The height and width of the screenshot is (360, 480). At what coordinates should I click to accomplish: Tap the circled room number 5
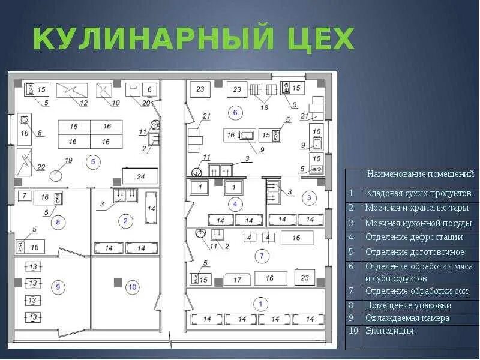[x=92, y=161]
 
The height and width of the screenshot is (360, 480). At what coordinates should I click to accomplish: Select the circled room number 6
[x=235, y=112]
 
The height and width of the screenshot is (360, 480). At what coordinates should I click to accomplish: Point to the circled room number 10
[x=132, y=287]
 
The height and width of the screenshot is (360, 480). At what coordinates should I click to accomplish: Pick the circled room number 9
[x=58, y=287]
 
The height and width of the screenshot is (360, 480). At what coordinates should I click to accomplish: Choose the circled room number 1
[x=259, y=304]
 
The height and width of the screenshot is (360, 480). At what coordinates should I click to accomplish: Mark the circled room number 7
[x=260, y=256]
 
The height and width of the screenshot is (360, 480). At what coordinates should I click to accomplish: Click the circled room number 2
[x=125, y=221]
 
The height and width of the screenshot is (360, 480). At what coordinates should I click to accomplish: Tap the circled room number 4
[x=235, y=205]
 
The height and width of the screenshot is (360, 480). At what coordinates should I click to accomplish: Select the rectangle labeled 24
[x=141, y=176]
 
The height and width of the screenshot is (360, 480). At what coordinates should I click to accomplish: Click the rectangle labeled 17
[x=238, y=279]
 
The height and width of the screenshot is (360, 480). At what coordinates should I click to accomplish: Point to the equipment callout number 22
[x=41, y=167]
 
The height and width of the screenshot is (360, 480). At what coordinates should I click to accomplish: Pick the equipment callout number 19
[x=68, y=160]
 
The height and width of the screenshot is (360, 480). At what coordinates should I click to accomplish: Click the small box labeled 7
[x=24, y=196]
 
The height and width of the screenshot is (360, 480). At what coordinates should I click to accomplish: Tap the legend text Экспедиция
[x=389, y=331]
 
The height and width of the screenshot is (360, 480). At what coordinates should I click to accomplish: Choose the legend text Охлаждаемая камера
[x=407, y=318]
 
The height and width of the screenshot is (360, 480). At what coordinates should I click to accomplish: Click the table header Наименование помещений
[x=420, y=174]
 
